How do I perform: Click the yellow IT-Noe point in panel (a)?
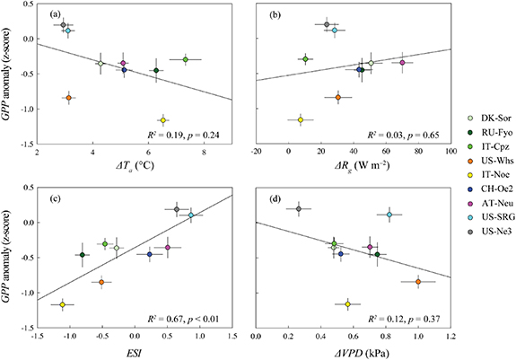pos(163,119)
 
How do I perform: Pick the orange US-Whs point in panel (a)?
pos(69,98)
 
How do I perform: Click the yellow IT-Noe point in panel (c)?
pos(63,305)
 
